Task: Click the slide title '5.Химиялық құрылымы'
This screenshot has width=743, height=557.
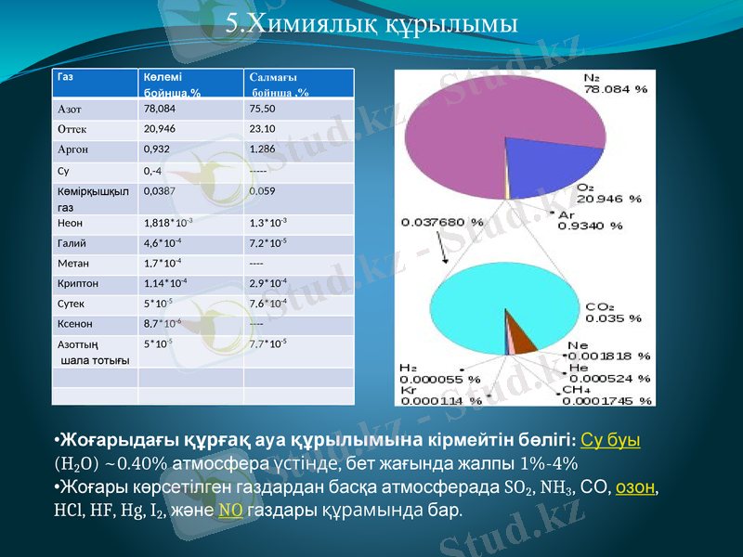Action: click(x=371, y=22)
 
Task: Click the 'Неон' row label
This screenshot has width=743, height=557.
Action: click(x=71, y=223)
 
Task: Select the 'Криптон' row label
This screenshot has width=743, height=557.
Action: click(x=76, y=282)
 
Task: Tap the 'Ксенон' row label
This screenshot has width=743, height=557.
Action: click(x=73, y=324)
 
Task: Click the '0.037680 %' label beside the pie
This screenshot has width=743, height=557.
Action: click(x=442, y=223)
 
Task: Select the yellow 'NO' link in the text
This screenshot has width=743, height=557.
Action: click(x=231, y=511)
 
